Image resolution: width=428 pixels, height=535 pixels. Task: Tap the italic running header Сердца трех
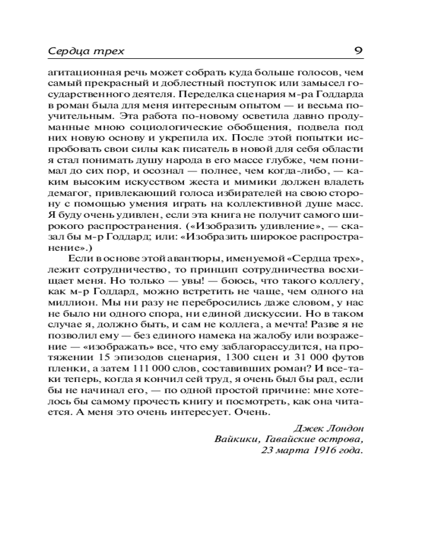click(86, 51)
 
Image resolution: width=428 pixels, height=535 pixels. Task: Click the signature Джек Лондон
click(329, 429)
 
